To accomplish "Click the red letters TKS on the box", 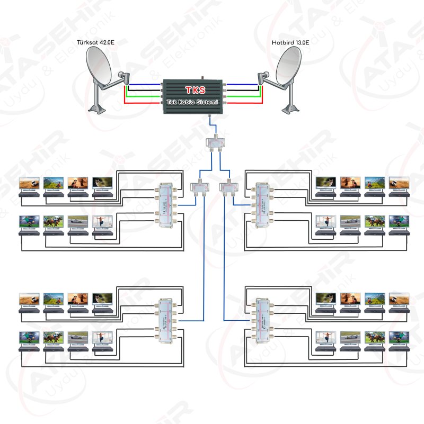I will tap(195, 90).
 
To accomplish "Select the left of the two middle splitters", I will tap(200, 187).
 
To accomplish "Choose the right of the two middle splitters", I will tap(230, 187).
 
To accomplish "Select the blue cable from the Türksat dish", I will tap(146, 84).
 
